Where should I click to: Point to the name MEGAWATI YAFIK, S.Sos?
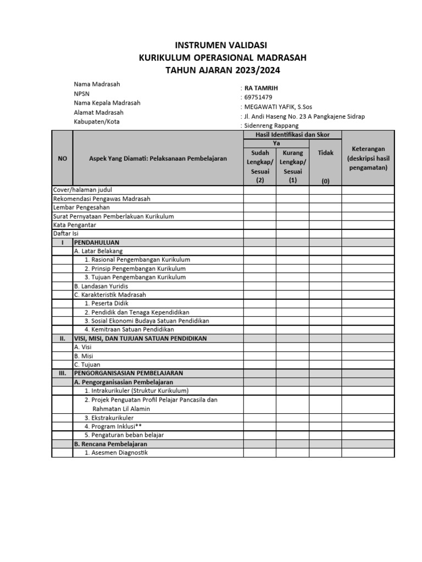pyautogui.click(x=276, y=106)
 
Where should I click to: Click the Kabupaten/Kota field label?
pyautogui.click(x=97, y=121)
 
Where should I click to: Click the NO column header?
pyautogui.click(x=62, y=158)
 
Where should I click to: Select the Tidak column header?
pyautogui.click(x=326, y=153)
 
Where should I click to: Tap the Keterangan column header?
pyautogui.click(x=369, y=158)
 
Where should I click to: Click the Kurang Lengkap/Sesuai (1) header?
pyautogui.click(x=292, y=166)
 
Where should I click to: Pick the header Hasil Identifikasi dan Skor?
pyautogui.click(x=292, y=134)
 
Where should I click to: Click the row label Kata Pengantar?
pyautogui.click(x=75, y=224)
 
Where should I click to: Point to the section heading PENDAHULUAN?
pyautogui.click(x=97, y=242)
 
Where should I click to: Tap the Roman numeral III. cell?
pyautogui.click(x=62, y=373)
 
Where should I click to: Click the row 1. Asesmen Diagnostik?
pyautogui.click(x=116, y=453)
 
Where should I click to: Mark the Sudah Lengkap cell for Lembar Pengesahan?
pyautogui.click(x=260, y=207)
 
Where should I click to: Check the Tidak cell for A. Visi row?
pyautogui.click(x=326, y=347)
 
